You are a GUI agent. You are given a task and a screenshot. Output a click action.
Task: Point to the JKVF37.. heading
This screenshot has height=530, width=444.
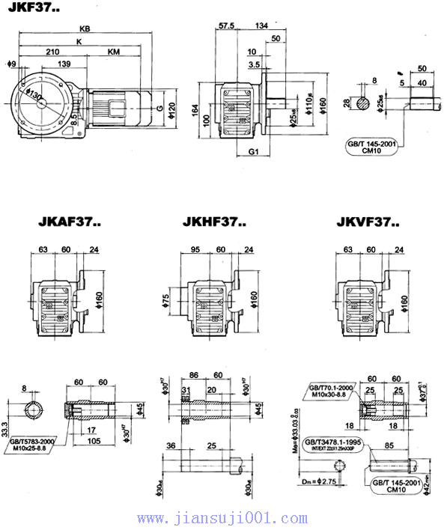368,222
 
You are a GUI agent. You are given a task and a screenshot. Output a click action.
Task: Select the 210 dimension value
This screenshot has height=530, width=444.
52,52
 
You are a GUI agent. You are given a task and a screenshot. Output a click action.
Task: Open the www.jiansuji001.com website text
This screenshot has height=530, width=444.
222,517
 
